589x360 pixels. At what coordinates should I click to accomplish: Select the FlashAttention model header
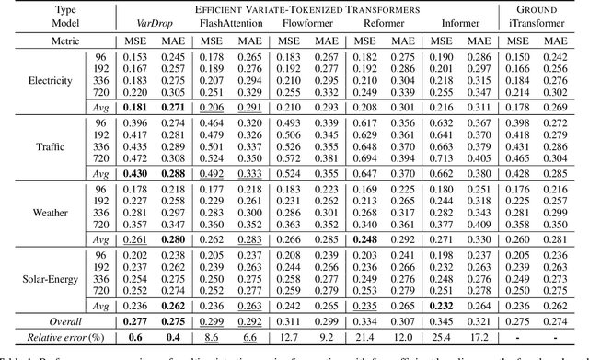coord(224,23)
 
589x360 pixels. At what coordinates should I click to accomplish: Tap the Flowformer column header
coord(301,23)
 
